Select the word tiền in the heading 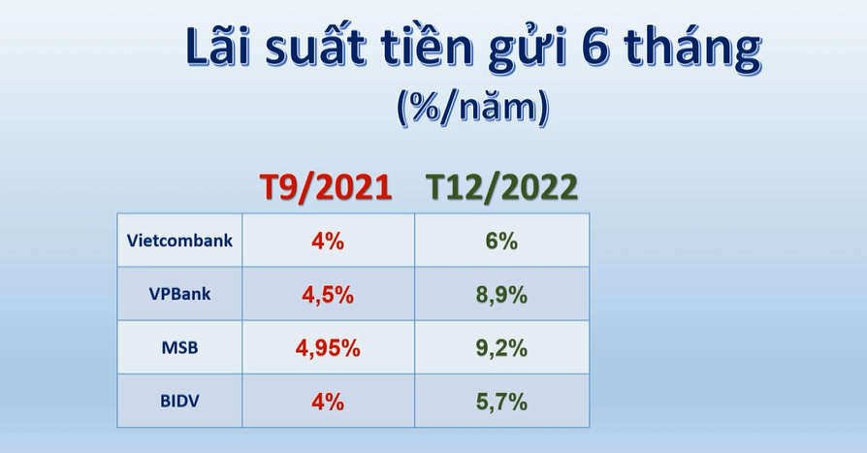(x=427, y=46)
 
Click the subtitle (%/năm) (x=472, y=108)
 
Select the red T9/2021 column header (x=326, y=187)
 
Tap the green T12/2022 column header (x=501, y=187)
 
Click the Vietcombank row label (x=179, y=241)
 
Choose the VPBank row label (x=179, y=294)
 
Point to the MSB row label (x=179, y=347)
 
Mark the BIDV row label (x=179, y=401)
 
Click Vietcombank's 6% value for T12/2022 (x=501, y=242)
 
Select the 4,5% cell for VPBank (x=328, y=295)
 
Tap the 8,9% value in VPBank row (x=501, y=295)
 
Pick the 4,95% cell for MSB (x=328, y=348)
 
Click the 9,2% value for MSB (x=501, y=348)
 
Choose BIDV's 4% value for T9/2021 (x=328, y=402)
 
